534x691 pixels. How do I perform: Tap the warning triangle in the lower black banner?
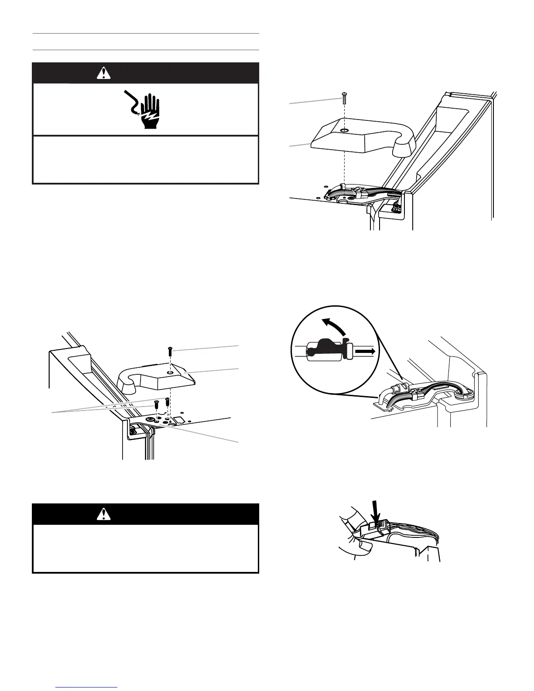pos(103,515)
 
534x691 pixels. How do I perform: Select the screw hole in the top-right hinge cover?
pos(345,130)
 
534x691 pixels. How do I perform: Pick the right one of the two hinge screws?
pos(167,401)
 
